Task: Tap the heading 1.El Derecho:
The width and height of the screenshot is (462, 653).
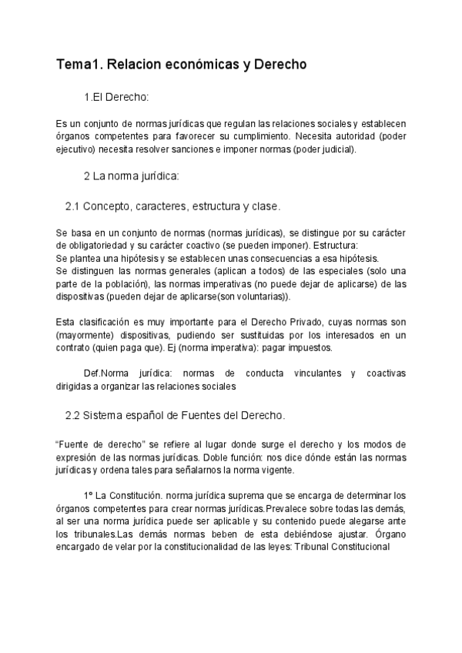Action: [116, 98]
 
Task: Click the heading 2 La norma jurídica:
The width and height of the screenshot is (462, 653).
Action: [131, 176]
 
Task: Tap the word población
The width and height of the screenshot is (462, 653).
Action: [136, 284]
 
